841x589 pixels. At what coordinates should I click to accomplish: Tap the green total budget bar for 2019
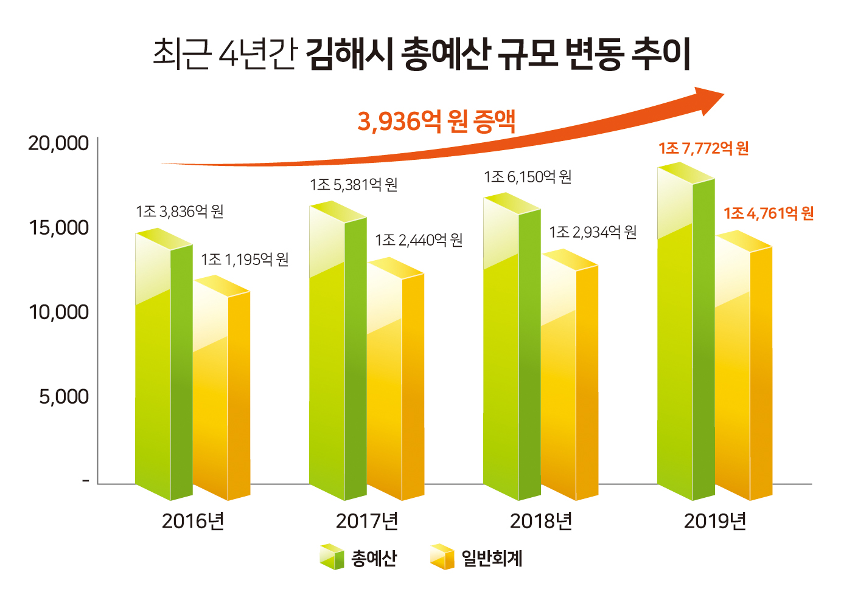tap(685, 340)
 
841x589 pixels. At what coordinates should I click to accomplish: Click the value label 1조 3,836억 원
tap(180, 212)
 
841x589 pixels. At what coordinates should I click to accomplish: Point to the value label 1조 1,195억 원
tap(245, 260)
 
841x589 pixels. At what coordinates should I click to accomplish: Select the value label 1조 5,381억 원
tap(354, 185)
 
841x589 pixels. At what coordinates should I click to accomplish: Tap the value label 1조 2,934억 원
tap(593, 232)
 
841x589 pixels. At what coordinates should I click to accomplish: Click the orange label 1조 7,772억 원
tap(703, 148)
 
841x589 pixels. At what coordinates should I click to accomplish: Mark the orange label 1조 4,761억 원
tap(768, 213)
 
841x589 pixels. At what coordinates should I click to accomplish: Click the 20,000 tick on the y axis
tap(58, 143)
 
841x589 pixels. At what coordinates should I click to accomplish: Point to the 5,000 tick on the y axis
tap(64, 397)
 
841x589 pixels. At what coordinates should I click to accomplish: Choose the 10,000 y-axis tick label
tap(58, 312)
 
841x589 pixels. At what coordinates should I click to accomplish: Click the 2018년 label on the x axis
tap(541, 521)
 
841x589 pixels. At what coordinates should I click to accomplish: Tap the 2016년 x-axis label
tap(193, 521)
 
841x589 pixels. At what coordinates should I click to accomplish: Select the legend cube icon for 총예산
tap(332, 557)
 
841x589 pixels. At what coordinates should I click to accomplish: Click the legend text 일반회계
tap(492, 558)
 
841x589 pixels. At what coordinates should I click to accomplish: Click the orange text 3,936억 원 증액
tap(436, 121)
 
